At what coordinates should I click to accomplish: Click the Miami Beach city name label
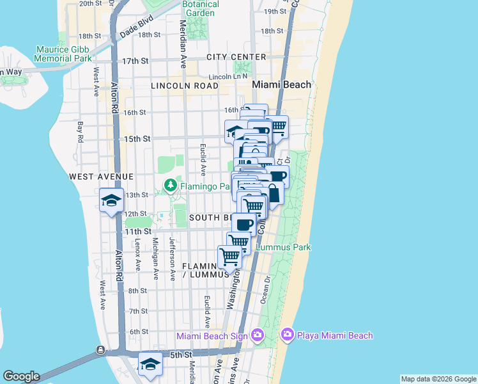pyautogui.click(x=281, y=84)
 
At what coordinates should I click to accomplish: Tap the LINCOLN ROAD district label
pyautogui.click(x=185, y=85)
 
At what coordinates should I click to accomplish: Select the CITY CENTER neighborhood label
pyautogui.click(x=236, y=57)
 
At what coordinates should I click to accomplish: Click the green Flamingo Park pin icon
pyautogui.click(x=170, y=186)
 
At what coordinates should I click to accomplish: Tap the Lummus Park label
pyautogui.click(x=283, y=246)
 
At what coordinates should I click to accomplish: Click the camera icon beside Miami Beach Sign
pyautogui.click(x=257, y=335)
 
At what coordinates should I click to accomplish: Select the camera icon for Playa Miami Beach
pyautogui.click(x=287, y=335)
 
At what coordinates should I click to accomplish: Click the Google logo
pyautogui.click(x=21, y=376)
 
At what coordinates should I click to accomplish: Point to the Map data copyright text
pyautogui.click(x=438, y=379)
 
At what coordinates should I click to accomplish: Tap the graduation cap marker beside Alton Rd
pyautogui.click(x=111, y=200)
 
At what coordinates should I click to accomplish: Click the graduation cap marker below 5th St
pyautogui.click(x=150, y=364)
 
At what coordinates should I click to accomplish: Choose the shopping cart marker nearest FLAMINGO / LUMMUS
pyautogui.click(x=229, y=257)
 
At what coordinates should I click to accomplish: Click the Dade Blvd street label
pyautogui.click(x=137, y=29)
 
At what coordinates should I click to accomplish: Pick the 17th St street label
pyautogui.click(x=135, y=61)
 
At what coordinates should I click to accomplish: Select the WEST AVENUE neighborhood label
pyautogui.click(x=102, y=176)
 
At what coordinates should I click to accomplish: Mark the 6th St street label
pyautogui.click(x=139, y=332)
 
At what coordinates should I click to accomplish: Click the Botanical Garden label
pyautogui.click(x=200, y=8)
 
